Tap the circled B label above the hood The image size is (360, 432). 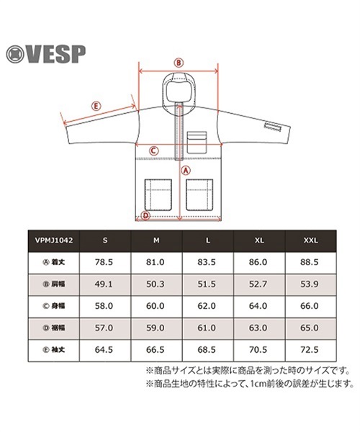click(x=179, y=63)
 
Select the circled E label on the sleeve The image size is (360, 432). click(x=96, y=106)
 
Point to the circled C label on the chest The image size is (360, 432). click(x=153, y=150)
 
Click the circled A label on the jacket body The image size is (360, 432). click(x=186, y=170)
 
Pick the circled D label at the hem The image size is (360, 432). click(x=145, y=215)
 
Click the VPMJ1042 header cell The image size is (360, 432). click(x=54, y=240)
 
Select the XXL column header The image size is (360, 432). click(x=311, y=240)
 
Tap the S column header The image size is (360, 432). click(x=105, y=240)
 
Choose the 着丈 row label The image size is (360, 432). click(x=54, y=262)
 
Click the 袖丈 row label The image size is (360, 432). click(x=54, y=350)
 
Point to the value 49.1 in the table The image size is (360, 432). click(x=104, y=284)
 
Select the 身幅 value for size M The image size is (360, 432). click(x=156, y=306)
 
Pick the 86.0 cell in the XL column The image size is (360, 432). click(x=258, y=262)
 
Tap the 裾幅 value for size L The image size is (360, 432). click(x=207, y=328)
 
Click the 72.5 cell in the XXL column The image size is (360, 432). click(x=310, y=350)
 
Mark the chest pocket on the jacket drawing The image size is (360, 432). click(x=197, y=143)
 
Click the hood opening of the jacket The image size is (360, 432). click(x=179, y=91)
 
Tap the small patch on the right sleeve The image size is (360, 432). click(x=273, y=127)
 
